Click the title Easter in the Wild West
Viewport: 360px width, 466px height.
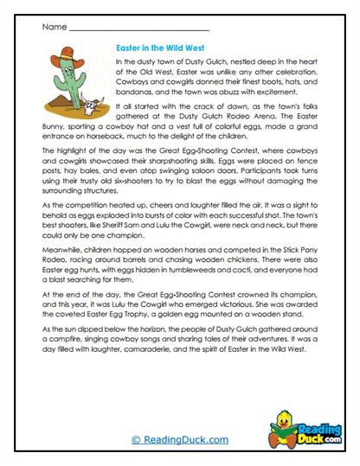point(168,50)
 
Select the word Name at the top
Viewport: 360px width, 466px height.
point(53,27)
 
